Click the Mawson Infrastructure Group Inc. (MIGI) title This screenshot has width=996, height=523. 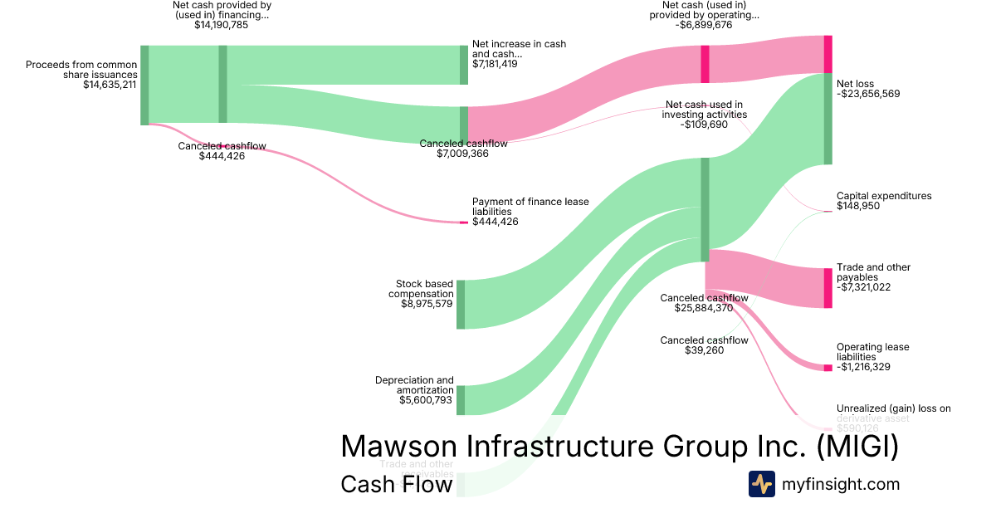619,447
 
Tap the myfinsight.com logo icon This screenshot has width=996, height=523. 761,484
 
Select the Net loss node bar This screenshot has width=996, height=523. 828,119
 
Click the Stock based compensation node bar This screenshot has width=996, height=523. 461,304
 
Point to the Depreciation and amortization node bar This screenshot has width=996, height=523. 461,399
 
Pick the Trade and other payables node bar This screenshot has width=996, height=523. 828,287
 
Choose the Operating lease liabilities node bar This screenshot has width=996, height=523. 828,367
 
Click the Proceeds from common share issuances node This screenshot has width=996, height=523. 144,85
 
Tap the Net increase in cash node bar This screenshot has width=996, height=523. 464,65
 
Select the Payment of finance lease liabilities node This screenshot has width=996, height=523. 464,222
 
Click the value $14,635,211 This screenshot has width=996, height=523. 110,84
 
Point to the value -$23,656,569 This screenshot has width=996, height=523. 868,94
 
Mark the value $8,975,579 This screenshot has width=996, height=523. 427,304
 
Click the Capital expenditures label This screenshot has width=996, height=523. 884,196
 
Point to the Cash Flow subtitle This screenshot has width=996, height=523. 396,485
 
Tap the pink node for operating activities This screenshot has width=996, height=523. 705,64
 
